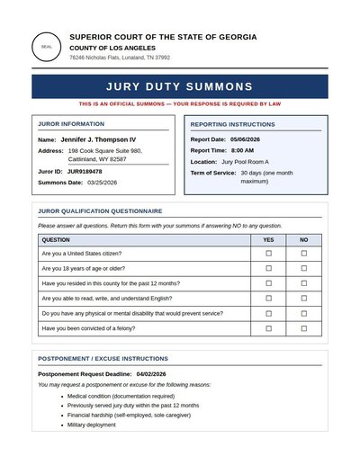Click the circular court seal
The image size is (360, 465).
coord(47,47)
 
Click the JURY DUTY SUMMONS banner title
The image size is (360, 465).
coord(180,86)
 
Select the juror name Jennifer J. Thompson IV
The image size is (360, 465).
coord(98,139)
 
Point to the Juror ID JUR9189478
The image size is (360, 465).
coord(85,171)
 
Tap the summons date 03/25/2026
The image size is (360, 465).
coord(102,183)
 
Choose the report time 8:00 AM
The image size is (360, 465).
coord(242,150)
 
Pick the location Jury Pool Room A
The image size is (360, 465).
coord(245,162)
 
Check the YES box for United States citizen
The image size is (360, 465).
coord(268,254)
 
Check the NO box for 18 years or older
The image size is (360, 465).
coord(303,268)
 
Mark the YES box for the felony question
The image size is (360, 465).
coord(268,328)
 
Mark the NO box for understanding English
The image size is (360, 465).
coord(303,298)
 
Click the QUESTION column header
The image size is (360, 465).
coord(56,240)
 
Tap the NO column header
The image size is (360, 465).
coord(303,240)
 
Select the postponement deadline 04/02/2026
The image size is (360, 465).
coord(151,373)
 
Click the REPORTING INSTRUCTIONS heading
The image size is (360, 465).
coord(232,124)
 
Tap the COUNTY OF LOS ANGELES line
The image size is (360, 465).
coord(112,47)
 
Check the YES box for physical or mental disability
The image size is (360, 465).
coord(268,313)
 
